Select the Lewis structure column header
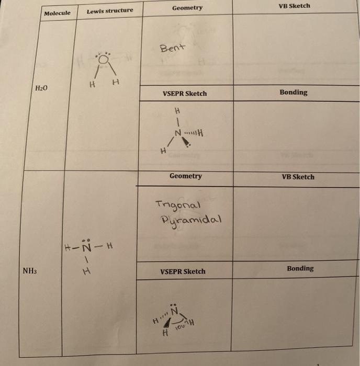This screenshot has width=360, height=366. click(110, 10)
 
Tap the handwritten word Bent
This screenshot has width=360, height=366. click(173, 48)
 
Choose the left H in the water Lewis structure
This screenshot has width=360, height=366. click(92, 83)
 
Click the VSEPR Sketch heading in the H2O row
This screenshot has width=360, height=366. click(185, 94)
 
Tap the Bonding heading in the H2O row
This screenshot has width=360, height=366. click(293, 93)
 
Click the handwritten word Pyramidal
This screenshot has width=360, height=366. click(192, 218)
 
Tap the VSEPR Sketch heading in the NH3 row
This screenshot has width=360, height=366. click(183, 271)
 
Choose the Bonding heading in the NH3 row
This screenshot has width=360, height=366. click(300, 268)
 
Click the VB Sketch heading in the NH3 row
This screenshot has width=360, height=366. click(298, 177)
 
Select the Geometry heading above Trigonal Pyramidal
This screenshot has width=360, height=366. click(185, 176)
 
